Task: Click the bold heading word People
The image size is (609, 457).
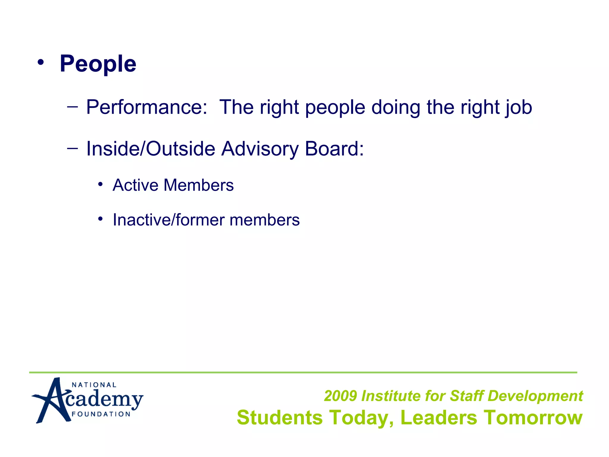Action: click(x=98, y=64)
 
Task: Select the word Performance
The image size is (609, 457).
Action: click(x=146, y=107)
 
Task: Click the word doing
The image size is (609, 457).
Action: click(x=395, y=107)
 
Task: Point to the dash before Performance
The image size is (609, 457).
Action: click(x=73, y=106)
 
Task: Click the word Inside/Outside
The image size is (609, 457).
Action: click(x=150, y=148)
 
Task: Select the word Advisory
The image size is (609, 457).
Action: click(x=260, y=148)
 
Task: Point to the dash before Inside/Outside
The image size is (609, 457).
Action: click(x=73, y=148)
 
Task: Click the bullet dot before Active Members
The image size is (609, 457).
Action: click(x=101, y=184)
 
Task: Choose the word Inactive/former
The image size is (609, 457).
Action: click(x=169, y=220)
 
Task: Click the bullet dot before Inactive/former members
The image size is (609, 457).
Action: click(x=101, y=219)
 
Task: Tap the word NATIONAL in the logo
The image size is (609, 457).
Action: click(x=94, y=385)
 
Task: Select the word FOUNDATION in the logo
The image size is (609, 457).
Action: click(x=101, y=414)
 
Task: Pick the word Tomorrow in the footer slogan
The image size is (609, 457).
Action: click(x=533, y=417)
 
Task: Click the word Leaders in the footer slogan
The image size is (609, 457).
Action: click(x=439, y=417)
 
